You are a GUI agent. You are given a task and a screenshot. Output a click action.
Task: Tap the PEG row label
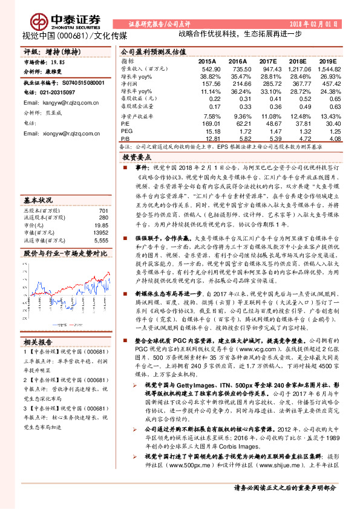126,131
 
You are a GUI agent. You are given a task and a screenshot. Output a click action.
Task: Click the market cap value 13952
99,232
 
